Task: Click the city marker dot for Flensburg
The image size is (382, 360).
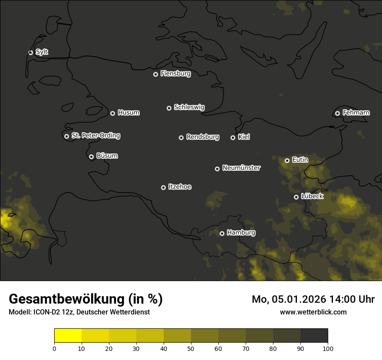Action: (x=155, y=74)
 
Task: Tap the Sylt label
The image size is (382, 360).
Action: (x=42, y=52)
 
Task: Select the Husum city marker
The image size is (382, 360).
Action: (x=112, y=113)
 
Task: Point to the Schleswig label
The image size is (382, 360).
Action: (x=189, y=107)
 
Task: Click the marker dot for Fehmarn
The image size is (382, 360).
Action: (x=337, y=113)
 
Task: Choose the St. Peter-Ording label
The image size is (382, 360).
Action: (x=95, y=136)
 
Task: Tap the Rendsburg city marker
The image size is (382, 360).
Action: (x=181, y=137)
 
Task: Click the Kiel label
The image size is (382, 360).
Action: (x=244, y=137)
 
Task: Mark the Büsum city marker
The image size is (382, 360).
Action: (x=91, y=157)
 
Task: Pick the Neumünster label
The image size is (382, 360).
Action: (x=241, y=168)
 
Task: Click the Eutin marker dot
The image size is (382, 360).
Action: (x=287, y=160)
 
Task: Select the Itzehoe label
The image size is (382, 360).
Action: (x=180, y=187)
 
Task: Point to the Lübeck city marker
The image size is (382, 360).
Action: (x=296, y=197)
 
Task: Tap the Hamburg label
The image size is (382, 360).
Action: (x=241, y=233)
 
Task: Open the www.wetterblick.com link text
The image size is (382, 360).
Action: (x=313, y=312)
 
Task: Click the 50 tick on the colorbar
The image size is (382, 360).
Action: (x=191, y=348)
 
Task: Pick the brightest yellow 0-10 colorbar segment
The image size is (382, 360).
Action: (x=68, y=335)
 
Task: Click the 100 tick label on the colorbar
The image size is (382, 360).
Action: (x=328, y=348)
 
